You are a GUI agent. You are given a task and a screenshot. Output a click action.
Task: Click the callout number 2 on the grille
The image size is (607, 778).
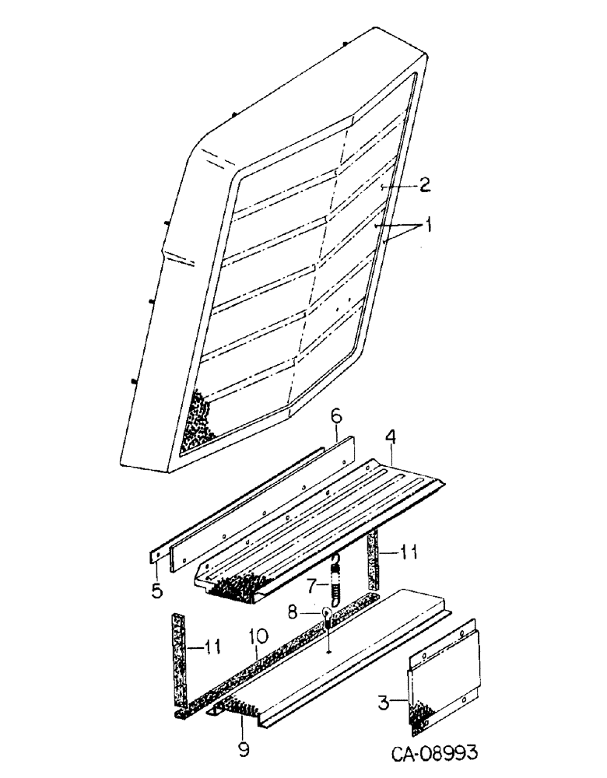point(425,184)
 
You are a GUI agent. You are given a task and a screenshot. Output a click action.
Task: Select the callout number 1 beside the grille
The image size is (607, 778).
point(427,226)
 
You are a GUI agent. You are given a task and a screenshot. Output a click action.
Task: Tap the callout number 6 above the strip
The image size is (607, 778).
point(335,418)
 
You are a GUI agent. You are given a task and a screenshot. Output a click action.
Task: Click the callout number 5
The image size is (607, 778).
point(157,591)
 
